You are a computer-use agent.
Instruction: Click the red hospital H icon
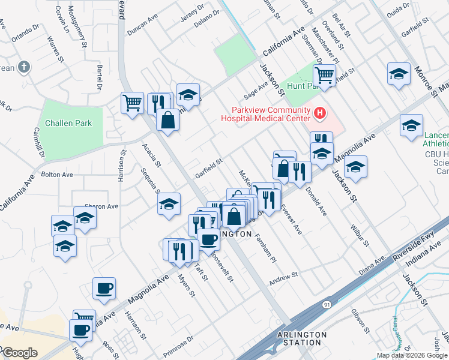[320, 112]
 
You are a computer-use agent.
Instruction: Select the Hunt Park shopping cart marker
[324, 76]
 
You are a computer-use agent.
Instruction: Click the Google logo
[19, 352]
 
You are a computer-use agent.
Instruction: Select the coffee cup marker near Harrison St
[104, 288]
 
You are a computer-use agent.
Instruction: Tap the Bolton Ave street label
[56, 175]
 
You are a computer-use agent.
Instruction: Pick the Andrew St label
[283, 277]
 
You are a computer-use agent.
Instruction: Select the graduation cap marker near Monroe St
[399, 74]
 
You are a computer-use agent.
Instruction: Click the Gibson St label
[361, 320]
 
